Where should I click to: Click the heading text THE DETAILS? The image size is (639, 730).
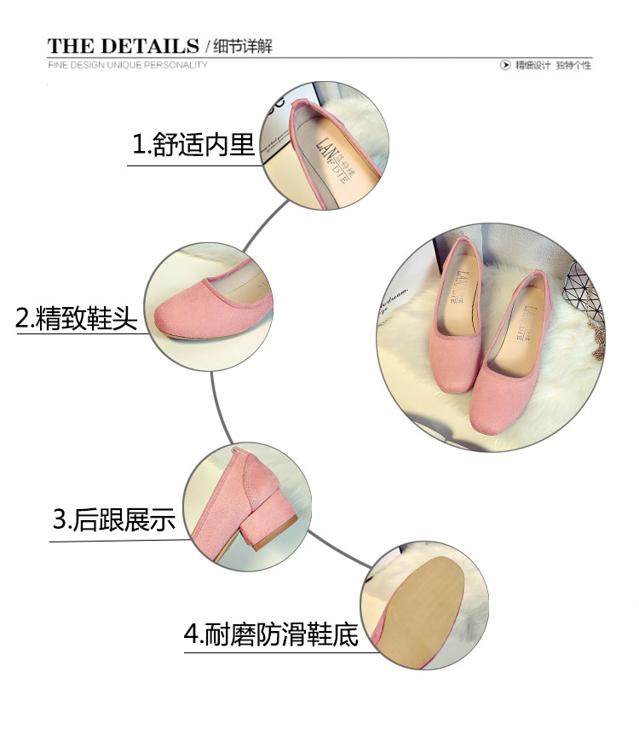point(123,45)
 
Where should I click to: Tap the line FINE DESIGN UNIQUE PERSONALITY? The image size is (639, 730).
point(128,65)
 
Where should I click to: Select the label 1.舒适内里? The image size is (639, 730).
point(193,145)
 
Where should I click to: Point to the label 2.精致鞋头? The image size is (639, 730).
point(77,319)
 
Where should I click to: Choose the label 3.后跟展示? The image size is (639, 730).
point(113,519)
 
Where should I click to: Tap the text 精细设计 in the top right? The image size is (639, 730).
point(533,66)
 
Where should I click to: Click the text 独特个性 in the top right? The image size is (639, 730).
point(573,66)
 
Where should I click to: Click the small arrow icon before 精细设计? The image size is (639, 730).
point(506,66)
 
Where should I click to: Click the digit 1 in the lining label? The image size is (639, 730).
point(136,146)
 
